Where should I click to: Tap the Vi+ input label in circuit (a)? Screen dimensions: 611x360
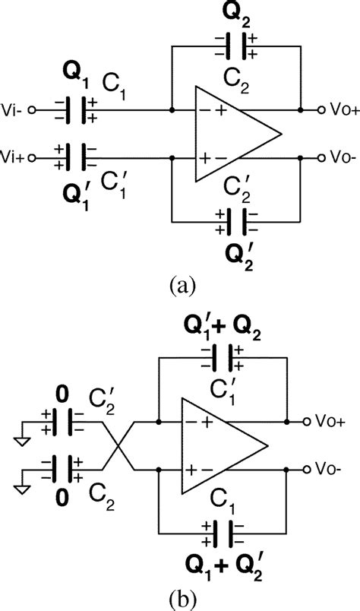14,158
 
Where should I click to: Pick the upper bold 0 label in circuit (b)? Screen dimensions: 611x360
62,394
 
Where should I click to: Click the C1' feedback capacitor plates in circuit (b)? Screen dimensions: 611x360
228,356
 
